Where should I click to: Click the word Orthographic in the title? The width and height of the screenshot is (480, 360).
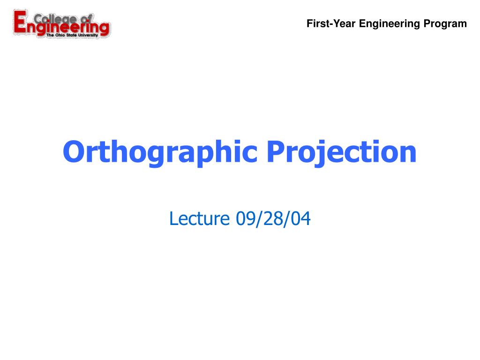(x=160, y=153)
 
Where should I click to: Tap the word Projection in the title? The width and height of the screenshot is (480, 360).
(x=341, y=153)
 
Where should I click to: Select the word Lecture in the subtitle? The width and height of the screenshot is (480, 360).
(x=199, y=218)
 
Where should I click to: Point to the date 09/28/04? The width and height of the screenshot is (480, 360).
(x=273, y=219)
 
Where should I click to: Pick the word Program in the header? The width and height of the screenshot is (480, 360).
(x=445, y=24)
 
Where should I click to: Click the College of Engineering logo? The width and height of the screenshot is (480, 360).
(x=61, y=24)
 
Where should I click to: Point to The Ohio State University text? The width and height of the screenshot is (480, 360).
(x=72, y=35)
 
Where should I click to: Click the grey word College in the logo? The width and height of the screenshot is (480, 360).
(x=55, y=19)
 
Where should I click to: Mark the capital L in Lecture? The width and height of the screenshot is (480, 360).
(x=174, y=218)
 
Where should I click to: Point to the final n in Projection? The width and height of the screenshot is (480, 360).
(x=407, y=154)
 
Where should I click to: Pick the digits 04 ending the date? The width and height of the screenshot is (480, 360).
(x=301, y=218)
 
